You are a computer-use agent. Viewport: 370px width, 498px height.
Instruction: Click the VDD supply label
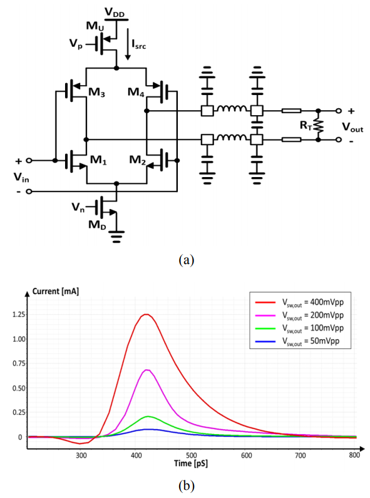pos(115,13)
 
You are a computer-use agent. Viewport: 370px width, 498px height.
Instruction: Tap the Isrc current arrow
pos(128,44)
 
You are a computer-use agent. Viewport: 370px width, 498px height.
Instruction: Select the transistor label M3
pos(96,92)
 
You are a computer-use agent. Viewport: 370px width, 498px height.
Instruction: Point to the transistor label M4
pos(136,92)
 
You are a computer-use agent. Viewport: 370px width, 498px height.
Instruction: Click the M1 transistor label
pos(98,160)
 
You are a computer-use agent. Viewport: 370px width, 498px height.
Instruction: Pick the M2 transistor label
pos(137,160)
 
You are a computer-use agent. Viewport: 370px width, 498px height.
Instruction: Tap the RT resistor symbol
pos(319,126)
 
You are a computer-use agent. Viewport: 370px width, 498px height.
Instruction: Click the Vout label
pos(352,127)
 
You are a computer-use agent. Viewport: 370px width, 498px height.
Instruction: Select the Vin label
pos(21,177)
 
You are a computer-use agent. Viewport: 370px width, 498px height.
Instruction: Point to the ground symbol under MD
pos(116,236)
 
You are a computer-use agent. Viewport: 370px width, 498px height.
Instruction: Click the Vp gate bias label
pos(76,44)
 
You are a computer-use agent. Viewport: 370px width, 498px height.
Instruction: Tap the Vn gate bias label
pos(78,207)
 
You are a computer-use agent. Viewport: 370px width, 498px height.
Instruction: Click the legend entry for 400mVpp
pos(299,302)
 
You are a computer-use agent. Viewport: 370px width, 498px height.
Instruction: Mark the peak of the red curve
pos(146,315)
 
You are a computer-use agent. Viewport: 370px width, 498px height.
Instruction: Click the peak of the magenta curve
pos(147,370)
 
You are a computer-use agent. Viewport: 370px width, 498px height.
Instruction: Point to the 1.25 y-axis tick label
pos(18,315)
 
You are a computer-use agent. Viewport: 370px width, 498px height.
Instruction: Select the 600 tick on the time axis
pos(246,455)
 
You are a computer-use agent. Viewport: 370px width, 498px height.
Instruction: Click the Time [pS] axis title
pos(191,464)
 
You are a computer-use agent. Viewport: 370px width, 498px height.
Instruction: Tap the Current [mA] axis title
pos(56,292)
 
